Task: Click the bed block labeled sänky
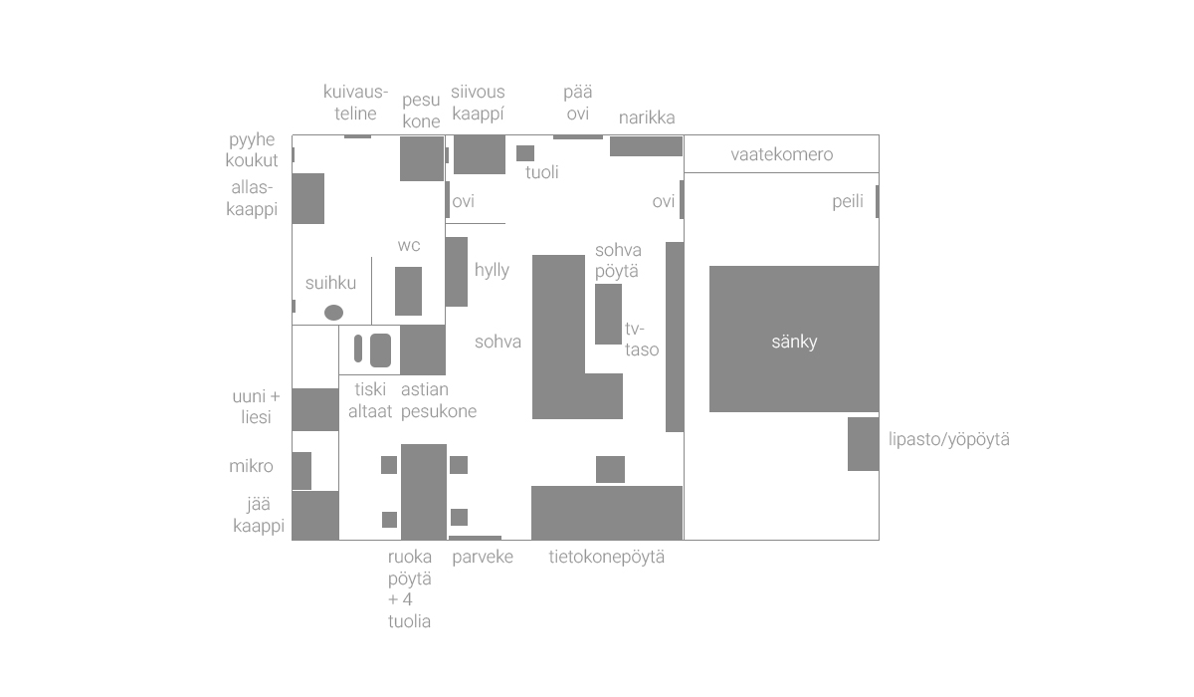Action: coord(794,339)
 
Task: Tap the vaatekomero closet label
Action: coord(781,154)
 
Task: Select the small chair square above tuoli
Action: coord(525,153)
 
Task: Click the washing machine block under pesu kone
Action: coord(422,159)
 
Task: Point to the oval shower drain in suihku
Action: coord(333,313)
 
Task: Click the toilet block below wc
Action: coord(408,291)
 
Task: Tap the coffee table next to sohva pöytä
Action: coord(608,314)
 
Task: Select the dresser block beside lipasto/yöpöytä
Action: coord(863,444)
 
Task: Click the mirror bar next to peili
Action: coord(877,202)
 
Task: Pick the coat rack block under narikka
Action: coord(646,146)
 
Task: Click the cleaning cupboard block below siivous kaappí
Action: coord(479,154)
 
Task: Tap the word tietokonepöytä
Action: coord(606,557)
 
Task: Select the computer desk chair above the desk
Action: coord(610,469)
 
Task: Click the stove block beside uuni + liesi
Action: coord(315,409)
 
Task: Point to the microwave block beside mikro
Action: coord(301,471)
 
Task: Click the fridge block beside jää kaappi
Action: coord(315,515)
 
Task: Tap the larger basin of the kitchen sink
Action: coord(380,350)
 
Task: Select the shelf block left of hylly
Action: coord(457,271)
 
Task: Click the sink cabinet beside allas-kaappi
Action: coord(308,198)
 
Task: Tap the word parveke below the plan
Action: coord(483,557)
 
